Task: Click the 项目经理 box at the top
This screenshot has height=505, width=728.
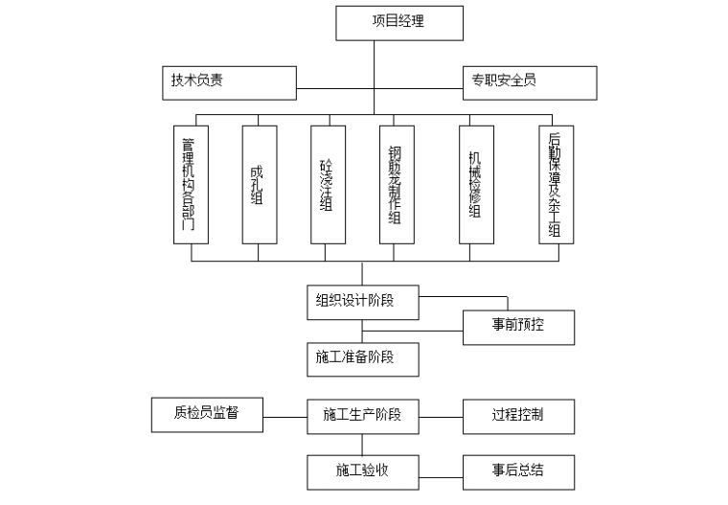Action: [398, 22]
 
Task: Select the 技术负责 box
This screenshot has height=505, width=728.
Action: [228, 82]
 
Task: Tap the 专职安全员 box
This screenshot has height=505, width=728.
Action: [530, 82]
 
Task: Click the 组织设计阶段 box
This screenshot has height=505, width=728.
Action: [362, 301]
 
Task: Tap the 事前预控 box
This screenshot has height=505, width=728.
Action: [518, 327]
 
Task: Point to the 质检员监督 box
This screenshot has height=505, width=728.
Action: [207, 414]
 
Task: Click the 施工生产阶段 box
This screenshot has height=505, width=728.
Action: [362, 416]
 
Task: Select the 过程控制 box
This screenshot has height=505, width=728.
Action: [518, 416]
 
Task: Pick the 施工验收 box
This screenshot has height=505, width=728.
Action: [362, 471]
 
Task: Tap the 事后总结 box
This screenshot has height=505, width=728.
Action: [518, 471]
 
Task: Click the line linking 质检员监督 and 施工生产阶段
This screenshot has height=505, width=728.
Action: [284, 416]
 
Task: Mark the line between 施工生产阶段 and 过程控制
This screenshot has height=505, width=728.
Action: [441, 416]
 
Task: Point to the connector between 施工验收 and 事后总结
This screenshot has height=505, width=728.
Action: [441, 471]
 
